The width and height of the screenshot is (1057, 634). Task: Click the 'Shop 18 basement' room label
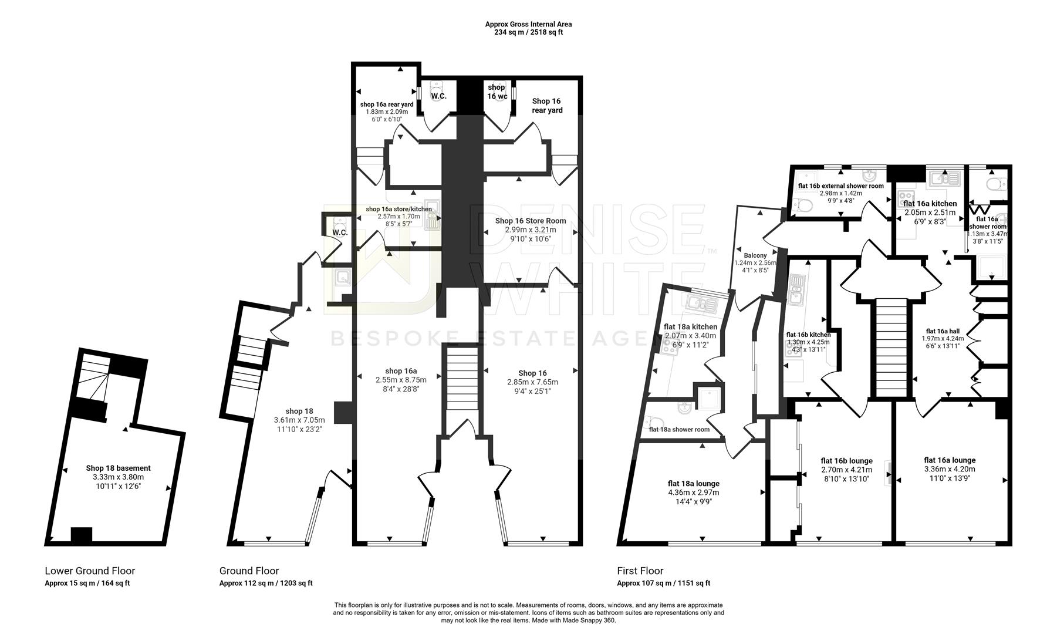pos(118,468)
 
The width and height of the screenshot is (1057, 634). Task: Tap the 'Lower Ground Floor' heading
pos(90,571)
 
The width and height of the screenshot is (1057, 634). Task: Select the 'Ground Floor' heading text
pos(249,571)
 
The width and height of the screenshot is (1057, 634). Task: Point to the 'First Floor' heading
pos(640,571)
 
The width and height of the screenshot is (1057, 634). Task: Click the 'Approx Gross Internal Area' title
pos(528,24)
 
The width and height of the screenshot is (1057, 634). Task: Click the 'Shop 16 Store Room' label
pos(531,221)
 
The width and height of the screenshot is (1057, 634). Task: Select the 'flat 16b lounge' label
pos(846,461)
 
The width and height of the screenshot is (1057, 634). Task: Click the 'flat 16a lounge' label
pos(950,460)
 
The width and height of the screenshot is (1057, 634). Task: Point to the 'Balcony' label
pos(755,255)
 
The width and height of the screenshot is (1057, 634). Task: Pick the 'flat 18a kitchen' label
pos(690,326)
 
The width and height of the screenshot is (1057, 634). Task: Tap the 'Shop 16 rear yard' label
pos(547,106)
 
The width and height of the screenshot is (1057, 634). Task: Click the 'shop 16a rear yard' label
pos(387,104)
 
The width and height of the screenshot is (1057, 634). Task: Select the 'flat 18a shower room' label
pos(679,429)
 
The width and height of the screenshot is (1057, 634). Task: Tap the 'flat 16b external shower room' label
pos(840,186)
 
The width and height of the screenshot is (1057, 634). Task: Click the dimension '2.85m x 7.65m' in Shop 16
pos(532,382)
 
